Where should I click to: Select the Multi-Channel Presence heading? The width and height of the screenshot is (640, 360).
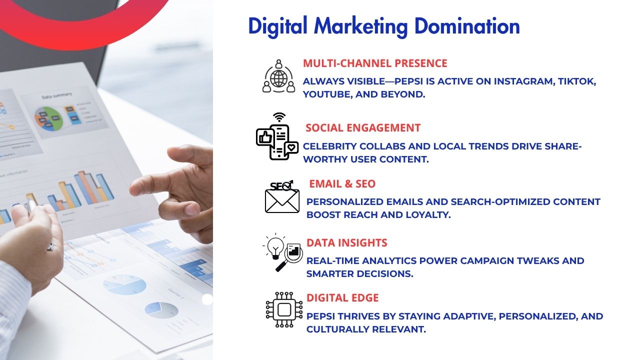point(375,63)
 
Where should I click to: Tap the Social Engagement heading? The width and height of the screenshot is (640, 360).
point(363,127)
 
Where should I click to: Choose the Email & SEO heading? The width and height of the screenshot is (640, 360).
point(342,183)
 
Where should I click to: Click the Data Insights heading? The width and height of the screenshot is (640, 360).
point(346,242)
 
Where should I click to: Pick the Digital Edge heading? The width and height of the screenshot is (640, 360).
point(342,297)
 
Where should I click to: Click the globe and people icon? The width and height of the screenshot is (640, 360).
point(279,76)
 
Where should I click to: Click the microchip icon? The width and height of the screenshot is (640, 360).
point(284,309)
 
